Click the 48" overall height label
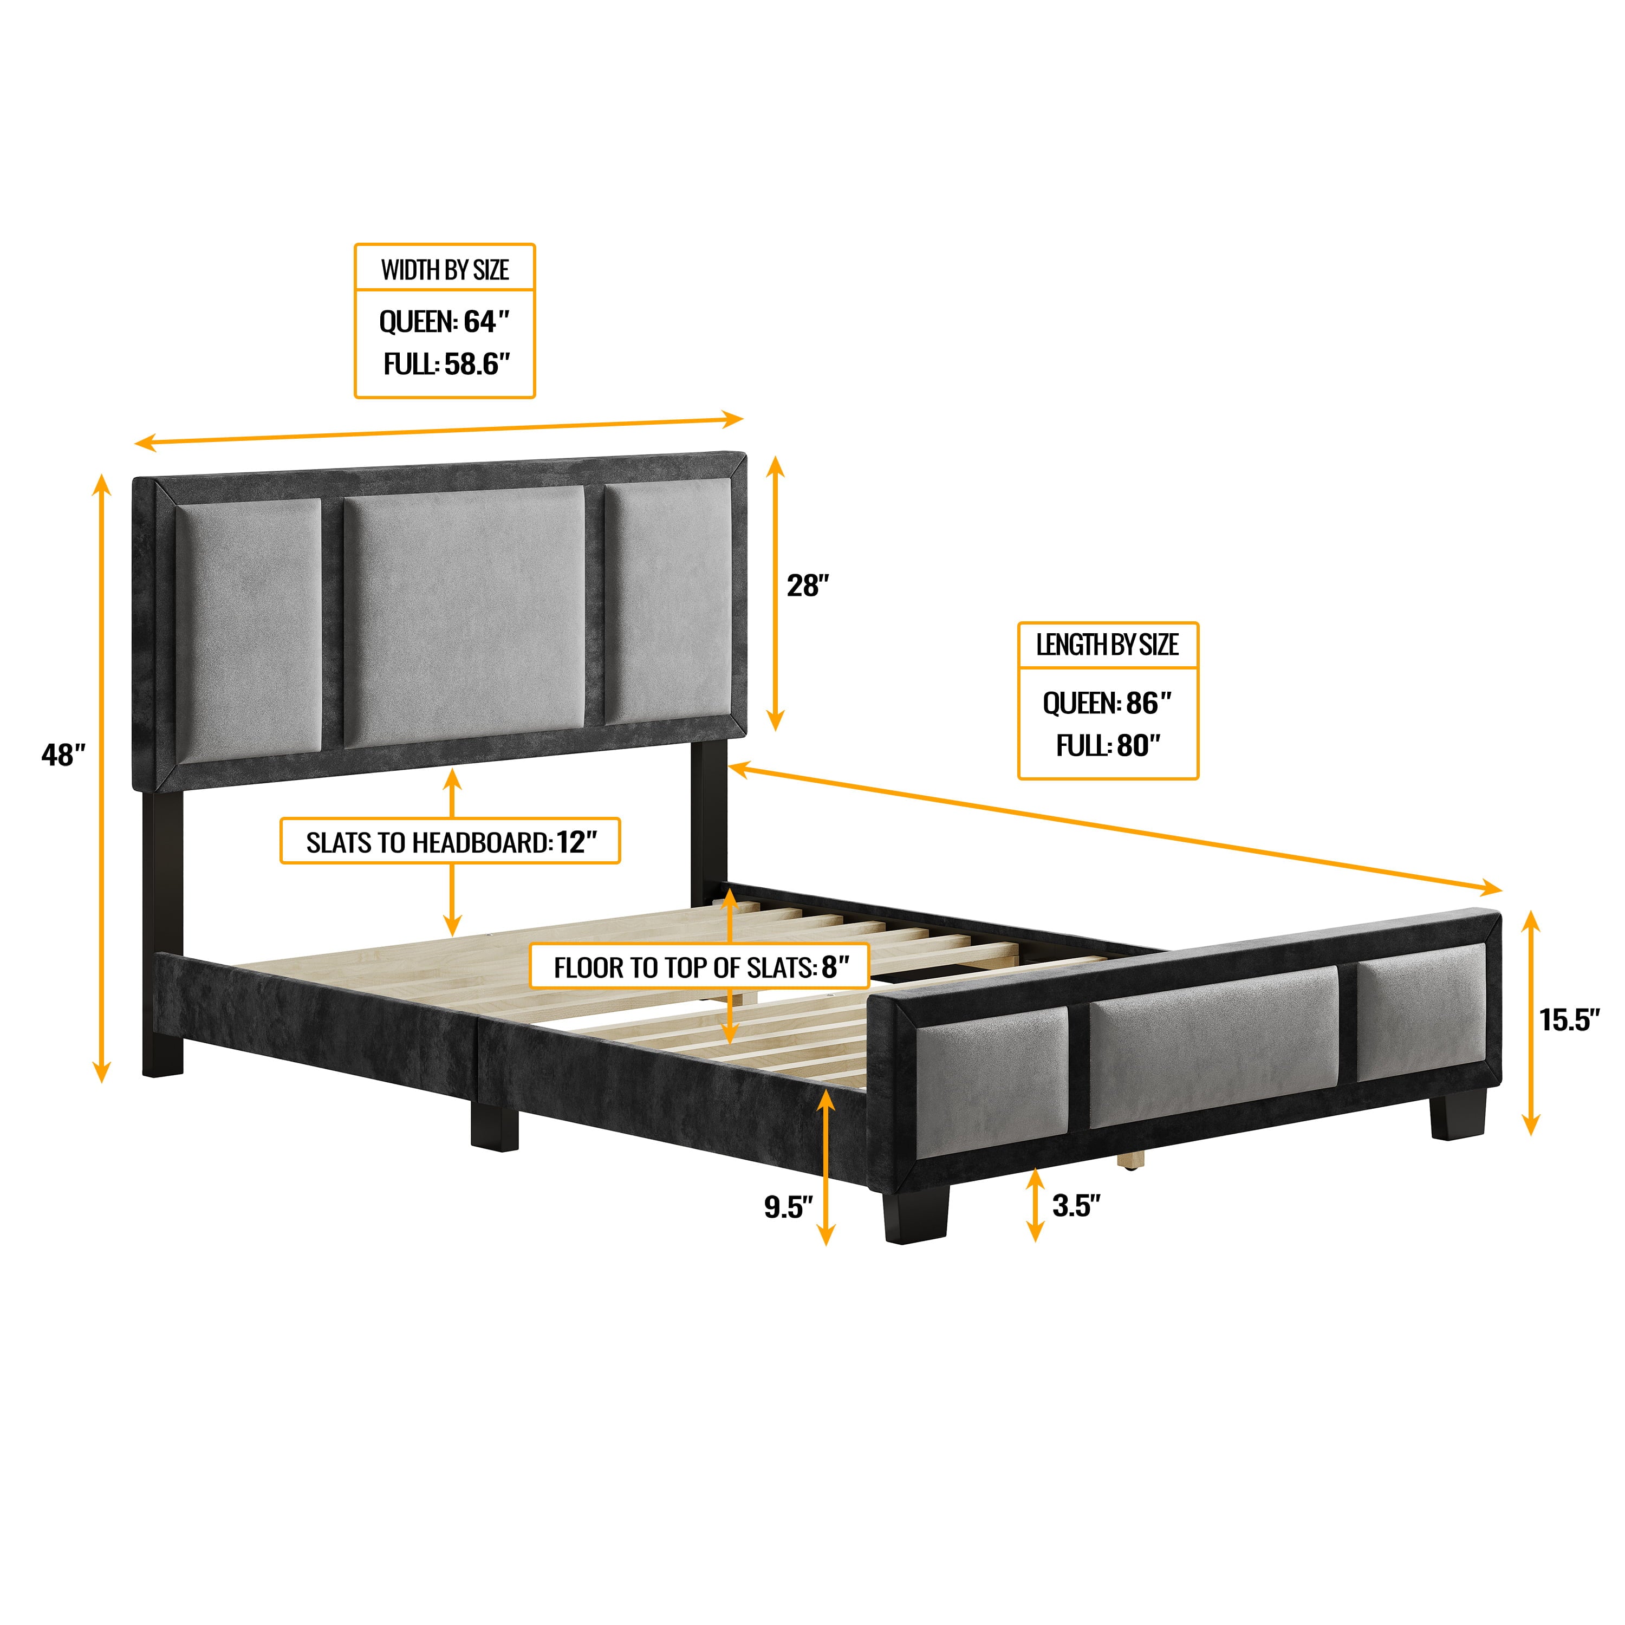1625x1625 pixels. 63,755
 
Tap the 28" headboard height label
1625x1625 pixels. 808,586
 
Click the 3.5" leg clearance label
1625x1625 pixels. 1076,1205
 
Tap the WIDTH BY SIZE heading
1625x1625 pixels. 445,270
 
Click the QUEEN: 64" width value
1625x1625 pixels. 445,321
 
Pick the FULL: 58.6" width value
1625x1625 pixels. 447,364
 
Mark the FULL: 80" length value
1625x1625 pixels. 1108,745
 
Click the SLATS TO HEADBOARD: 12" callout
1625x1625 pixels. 451,842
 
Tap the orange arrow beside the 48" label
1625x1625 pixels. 102,778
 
